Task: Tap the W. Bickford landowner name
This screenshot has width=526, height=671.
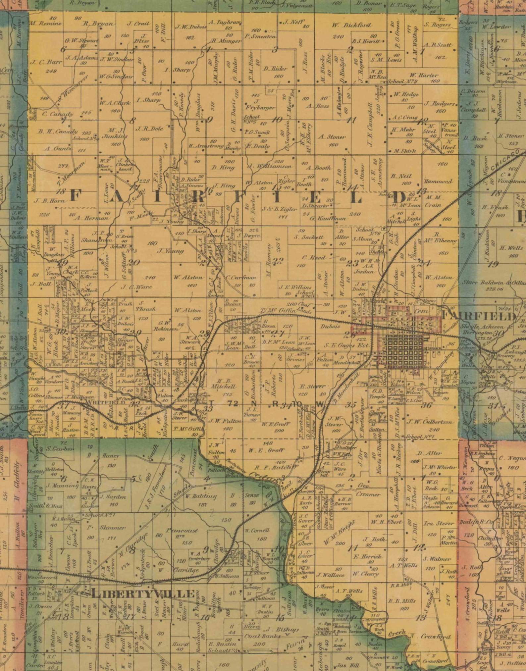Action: pos(351,25)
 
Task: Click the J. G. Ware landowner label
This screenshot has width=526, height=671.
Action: pos(136,287)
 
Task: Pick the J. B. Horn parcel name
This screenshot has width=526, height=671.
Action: pos(45,200)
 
